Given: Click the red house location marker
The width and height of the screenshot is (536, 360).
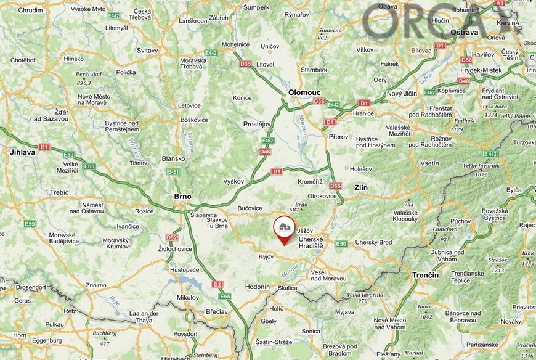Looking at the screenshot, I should tap(283, 229).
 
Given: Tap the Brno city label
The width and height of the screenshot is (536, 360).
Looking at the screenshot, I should tap(182, 197).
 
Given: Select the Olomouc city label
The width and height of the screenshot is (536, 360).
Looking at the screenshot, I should tap(304, 92).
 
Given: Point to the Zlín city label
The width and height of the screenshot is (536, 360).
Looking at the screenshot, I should tap(360, 187).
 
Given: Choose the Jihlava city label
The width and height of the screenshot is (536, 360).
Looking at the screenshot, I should tap(22, 152).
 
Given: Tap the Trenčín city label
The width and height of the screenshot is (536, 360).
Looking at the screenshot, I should tap(426, 275).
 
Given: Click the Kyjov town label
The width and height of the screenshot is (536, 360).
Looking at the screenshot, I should tap(266, 256).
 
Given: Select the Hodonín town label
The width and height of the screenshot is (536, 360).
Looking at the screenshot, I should tap(258, 287).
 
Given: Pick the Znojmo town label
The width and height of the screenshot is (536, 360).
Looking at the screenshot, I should tap(95, 285).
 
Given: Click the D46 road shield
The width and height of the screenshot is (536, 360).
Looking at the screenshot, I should tap(266, 152).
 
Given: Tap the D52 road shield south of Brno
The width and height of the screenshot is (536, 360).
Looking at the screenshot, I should tap(172, 237).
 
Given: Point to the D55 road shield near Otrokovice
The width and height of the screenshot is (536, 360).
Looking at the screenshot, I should tap(335, 186).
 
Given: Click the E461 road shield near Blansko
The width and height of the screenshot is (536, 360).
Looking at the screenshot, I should tap(173, 172).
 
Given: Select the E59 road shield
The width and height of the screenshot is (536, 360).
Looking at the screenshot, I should tap(30, 223).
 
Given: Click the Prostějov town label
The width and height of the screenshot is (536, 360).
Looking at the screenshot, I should tap(257, 124).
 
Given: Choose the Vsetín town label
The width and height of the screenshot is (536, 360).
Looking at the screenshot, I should tap(429, 163).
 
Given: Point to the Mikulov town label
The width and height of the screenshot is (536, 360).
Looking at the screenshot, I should tap(187, 297).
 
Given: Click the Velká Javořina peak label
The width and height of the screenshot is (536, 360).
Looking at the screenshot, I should tap(365, 295).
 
